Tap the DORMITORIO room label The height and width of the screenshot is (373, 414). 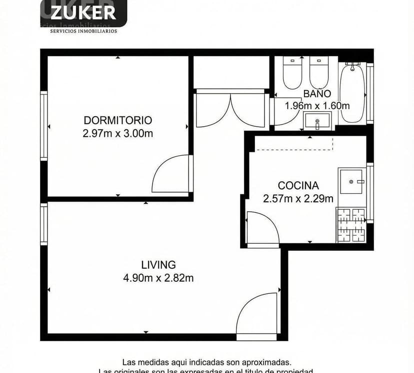(x=117, y=120)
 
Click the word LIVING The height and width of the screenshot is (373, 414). (x=158, y=265)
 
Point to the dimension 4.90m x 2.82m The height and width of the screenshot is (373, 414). (x=158, y=278)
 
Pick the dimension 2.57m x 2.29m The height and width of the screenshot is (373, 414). (x=298, y=198)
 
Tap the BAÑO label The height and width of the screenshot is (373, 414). (x=317, y=93)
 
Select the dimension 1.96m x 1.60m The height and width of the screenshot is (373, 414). (x=317, y=106)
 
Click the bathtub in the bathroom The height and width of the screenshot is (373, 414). (x=352, y=92)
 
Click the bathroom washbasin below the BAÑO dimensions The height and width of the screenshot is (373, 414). (x=317, y=121)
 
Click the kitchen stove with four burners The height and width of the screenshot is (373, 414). (x=351, y=224)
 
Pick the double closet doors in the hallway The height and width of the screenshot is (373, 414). (x=230, y=109)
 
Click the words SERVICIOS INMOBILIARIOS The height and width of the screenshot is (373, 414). (x=83, y=31)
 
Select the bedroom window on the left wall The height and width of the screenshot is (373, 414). (x=44, y=126)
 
